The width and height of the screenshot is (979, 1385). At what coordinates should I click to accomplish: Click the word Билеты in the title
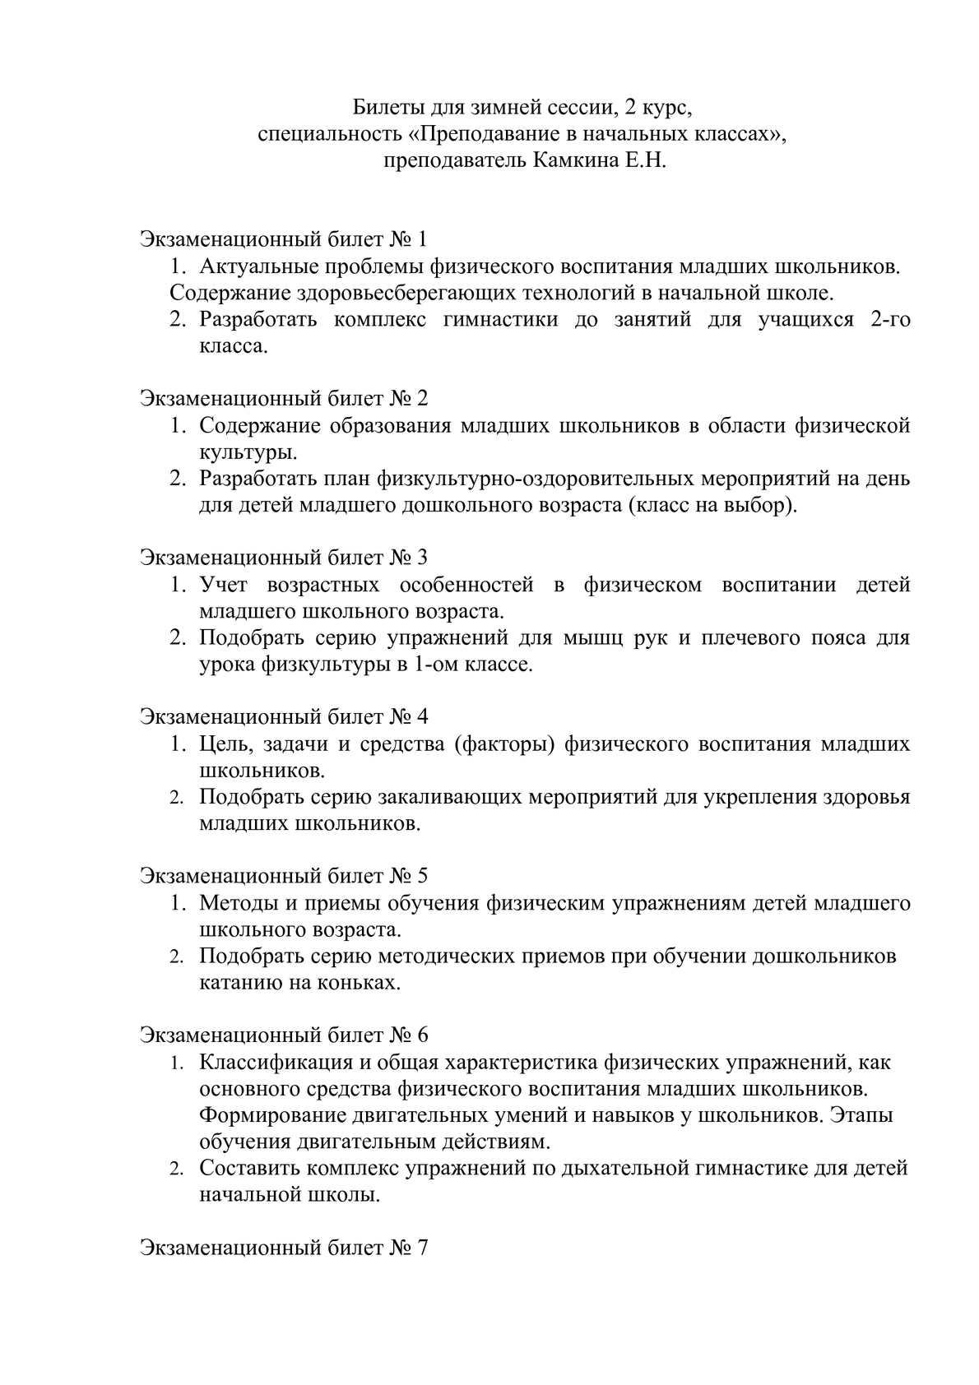pyautogui.click(x=383, y=107)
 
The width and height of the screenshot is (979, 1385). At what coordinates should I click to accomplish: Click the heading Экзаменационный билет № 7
pyautogui.click(x=284, y=1247)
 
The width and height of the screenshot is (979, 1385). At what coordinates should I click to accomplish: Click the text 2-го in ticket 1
pyautogui.click(x=889, y=319)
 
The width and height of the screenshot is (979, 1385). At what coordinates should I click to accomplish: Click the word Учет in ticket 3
pyautogui.click(x=224, y=585)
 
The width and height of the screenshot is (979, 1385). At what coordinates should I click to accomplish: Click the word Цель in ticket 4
pyautogui.click(x=223, y=743)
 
